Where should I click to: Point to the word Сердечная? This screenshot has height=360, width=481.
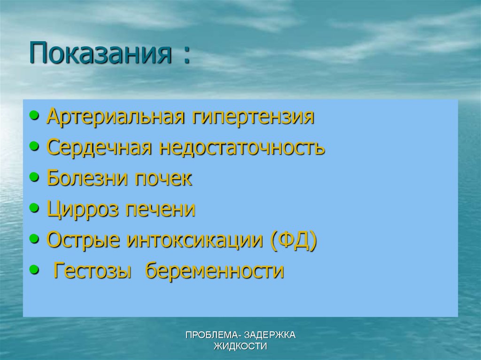tap(99, 147)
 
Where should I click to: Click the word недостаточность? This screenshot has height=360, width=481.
tap(242, 147)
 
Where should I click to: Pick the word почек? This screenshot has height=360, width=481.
tap(163, 178)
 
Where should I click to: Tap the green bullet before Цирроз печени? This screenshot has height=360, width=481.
tap(35, 208)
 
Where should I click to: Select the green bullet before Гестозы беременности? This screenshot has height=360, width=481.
tap(35, 270)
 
